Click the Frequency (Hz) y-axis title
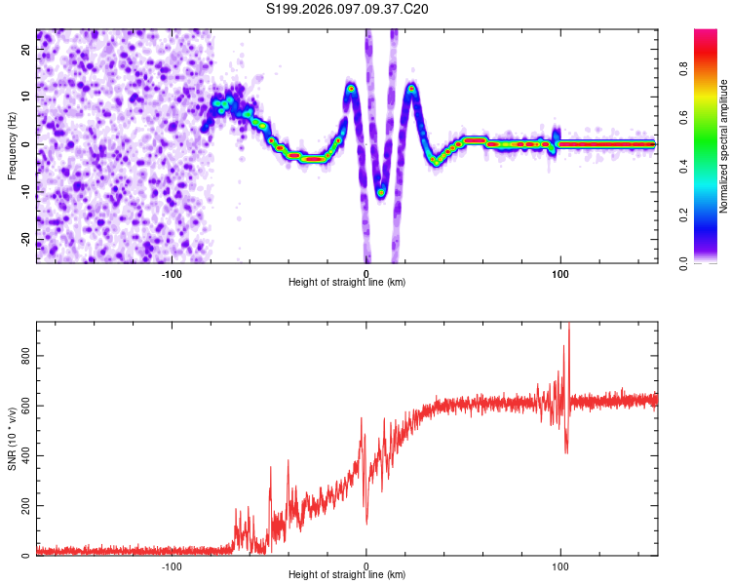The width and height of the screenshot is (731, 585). click(13, 146)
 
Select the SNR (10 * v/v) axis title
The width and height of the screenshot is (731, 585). click(13, 439)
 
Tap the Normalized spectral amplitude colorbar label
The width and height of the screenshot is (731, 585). click(724, 146)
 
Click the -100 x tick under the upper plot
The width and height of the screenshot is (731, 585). click(173, 273)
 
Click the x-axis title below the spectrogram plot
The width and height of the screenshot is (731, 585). click(347, 283)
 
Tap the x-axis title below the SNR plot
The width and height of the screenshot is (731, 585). click(347, 576)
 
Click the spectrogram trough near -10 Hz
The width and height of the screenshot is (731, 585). click(381, 192)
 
